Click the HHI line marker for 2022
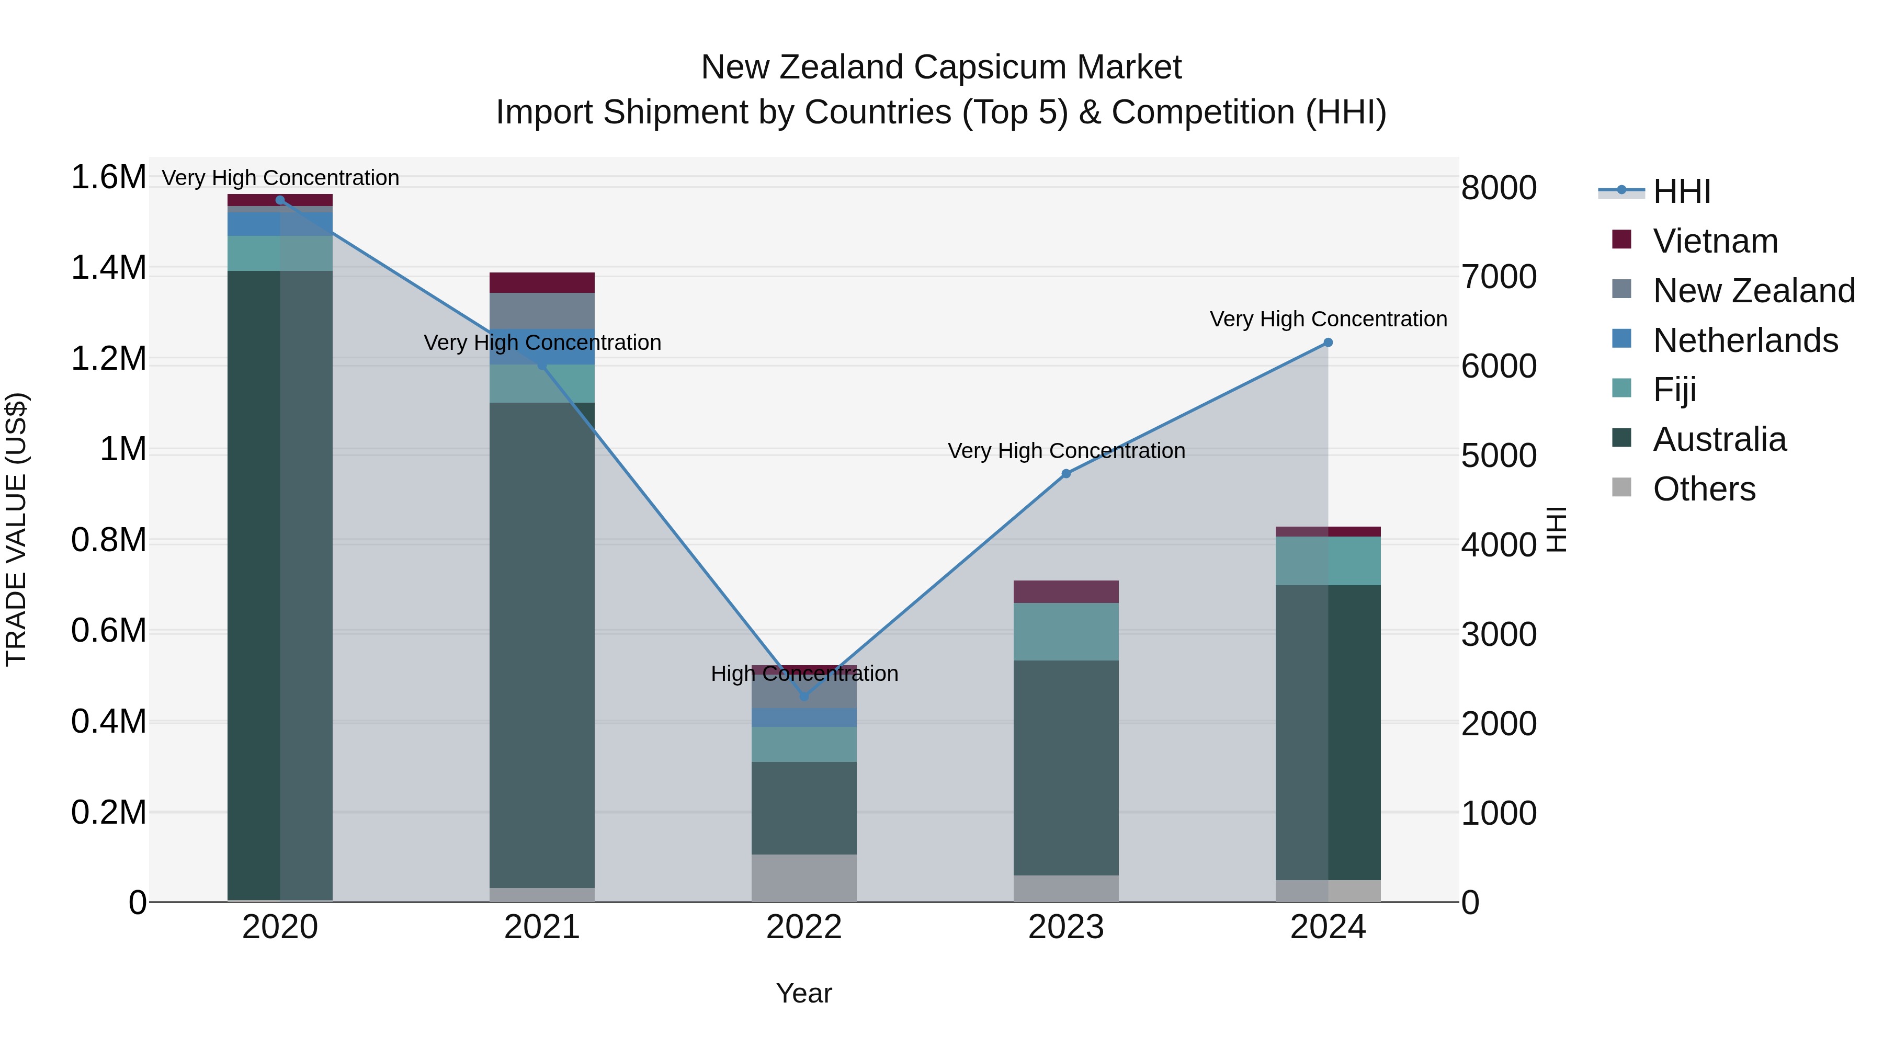pos(804,697)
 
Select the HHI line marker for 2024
pos(1328,343)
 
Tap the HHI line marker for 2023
pos(1066,474)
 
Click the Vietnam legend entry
pos(1715,241)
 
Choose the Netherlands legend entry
pos(1745,340)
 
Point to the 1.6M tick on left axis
pos(108,178)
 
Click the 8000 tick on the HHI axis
pos(1499,188)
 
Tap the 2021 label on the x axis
pos(542,927)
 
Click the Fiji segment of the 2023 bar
pos(1066,631)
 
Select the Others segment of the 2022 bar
pos(804,878)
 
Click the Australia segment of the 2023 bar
pos(1066,767)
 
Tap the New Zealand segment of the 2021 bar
pos(542,311)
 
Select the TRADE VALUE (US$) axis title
pos(16,529)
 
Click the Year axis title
pos(804,993)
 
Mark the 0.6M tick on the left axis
pos(108,631)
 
